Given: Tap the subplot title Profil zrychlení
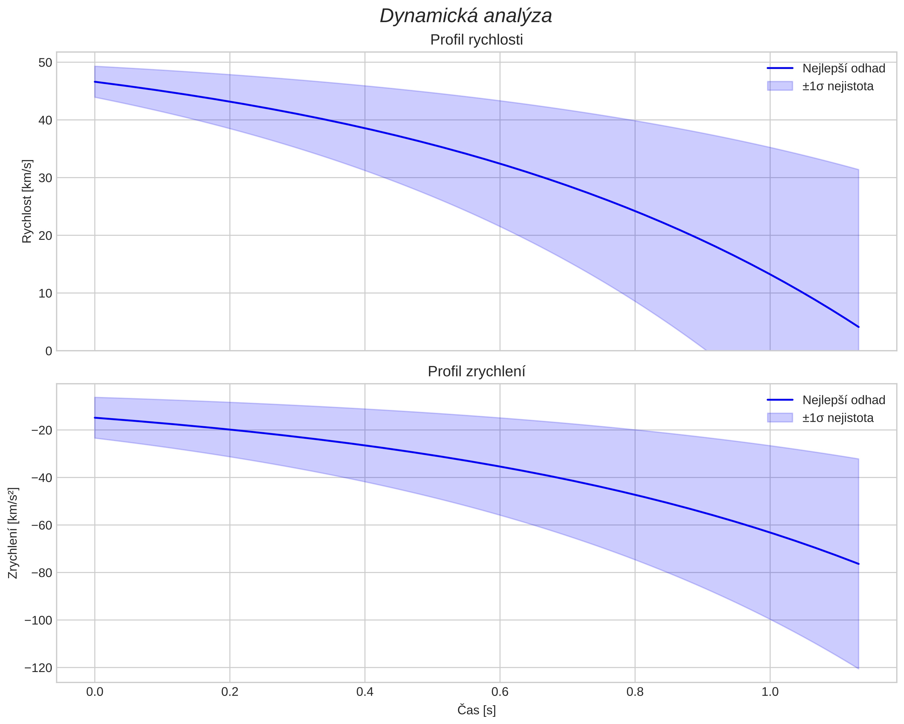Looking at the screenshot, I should point(476,372).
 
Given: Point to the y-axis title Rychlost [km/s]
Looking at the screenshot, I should point(27,201).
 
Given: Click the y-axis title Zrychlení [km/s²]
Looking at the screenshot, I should point(13,533).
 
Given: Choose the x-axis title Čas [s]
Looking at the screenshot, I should point(476,710).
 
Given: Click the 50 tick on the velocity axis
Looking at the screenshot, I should point(45,63).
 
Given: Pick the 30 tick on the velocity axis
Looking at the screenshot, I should point(45,178).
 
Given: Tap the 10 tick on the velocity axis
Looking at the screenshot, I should point(45,293).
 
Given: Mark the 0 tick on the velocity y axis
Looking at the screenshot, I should point(49,351).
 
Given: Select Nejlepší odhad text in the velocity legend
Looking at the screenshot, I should point(844,68).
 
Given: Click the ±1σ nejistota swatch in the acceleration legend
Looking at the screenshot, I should point(780,418).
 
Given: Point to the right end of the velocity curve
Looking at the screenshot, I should point(858,327).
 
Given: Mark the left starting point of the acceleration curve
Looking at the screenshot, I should point(95,418).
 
